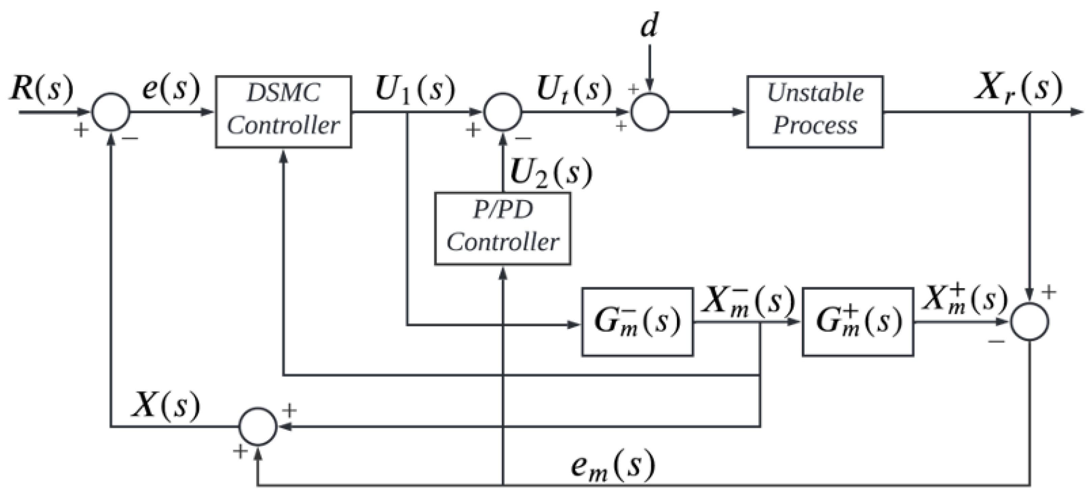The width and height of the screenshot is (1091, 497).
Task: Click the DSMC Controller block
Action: tap(283, 112)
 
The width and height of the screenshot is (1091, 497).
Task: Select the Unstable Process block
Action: tap(815, 112)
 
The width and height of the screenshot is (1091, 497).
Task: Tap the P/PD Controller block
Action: tap(502, 229)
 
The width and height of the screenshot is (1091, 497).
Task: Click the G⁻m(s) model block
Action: tap(637, 322)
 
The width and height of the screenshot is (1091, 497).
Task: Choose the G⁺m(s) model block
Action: tap(857, 322)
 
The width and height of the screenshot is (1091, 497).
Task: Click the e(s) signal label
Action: tap(171, 89)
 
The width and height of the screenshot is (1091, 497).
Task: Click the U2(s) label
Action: tap(551, 173)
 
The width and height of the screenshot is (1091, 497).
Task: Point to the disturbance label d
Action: tap(649, 26)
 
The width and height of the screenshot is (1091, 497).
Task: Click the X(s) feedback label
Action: tap(166, 405)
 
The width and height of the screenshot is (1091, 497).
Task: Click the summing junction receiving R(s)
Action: tap(111, 112)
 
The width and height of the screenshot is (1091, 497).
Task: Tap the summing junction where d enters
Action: tap(650, 112)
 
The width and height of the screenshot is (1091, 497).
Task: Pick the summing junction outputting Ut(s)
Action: tap(503, 112)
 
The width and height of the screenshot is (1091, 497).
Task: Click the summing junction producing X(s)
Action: tap(258, 426)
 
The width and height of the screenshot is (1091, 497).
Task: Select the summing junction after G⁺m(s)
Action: tap(1030, 322)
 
